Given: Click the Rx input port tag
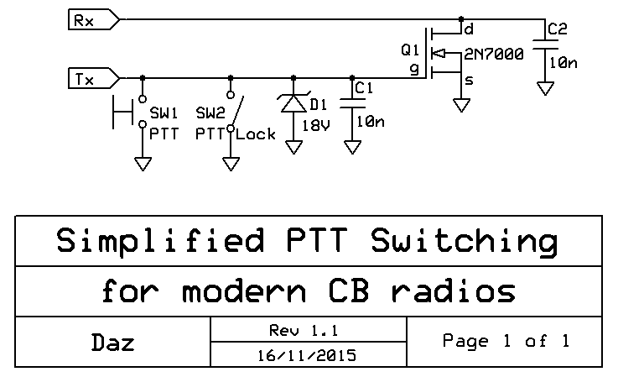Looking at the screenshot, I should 92,20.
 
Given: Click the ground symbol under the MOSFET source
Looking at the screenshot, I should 460,106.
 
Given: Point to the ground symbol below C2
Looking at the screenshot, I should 546,88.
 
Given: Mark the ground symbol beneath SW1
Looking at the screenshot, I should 143,162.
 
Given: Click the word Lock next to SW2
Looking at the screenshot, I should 256,134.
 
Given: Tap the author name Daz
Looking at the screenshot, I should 112,342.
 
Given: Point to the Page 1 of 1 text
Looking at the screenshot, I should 506,341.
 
